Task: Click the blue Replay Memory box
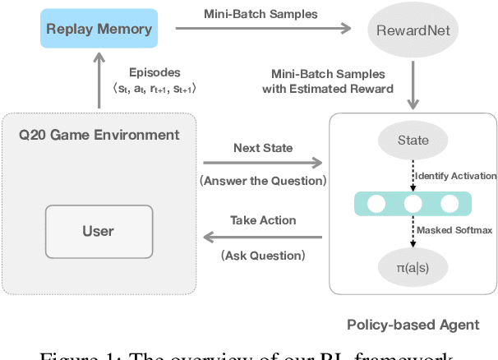pyautogui.click(x=99, y=29)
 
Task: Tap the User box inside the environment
pyautogui.click(x=98, y=231)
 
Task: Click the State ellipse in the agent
pyautogui.click(x=413, y=141)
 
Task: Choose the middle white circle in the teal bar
pyautogui.click(x=413, y=204)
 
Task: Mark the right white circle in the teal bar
pyautogui.click(x=450, y=204)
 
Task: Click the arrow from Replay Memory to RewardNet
pyautogui.click(x=263, y=30)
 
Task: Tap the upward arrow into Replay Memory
pyautogui.click(x=99, y=82)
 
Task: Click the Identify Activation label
pyautogui.click(x=454, y=176)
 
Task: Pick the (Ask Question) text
pyautogui.click(x=262, y=256)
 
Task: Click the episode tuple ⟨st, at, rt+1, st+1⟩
pyautogui.click(x=154, y=89)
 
